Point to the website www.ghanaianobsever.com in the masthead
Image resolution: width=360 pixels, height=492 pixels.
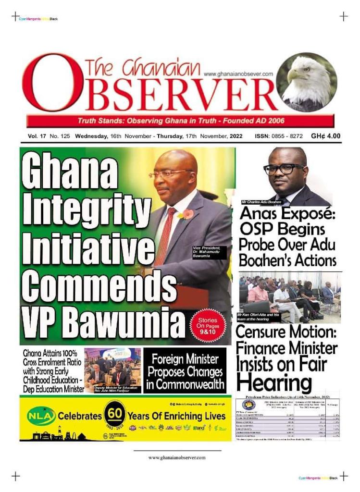tap(238, 74)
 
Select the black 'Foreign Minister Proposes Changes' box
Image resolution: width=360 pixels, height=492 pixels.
tap(185, 371)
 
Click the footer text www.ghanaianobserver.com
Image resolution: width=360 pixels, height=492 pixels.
tap(177, 457)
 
